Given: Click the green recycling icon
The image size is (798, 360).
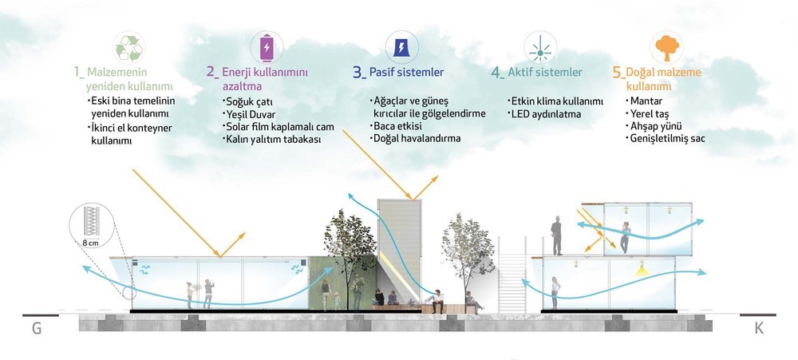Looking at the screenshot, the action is tap(128, 48).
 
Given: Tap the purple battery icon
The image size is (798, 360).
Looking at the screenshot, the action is tap(267, 48).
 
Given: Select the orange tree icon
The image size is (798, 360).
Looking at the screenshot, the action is tap(666, 47).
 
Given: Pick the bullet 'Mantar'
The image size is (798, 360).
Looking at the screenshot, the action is tap(646, 101).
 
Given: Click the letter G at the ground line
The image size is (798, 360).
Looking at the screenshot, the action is tap(37, 328).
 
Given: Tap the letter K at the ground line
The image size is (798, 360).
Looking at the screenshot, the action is tap(759, 328).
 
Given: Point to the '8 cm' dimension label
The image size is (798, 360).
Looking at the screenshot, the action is tap(91, 243).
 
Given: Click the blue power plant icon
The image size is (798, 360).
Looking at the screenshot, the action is tap(401, 47).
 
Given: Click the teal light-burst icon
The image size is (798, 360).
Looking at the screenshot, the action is tap(540, 47).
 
